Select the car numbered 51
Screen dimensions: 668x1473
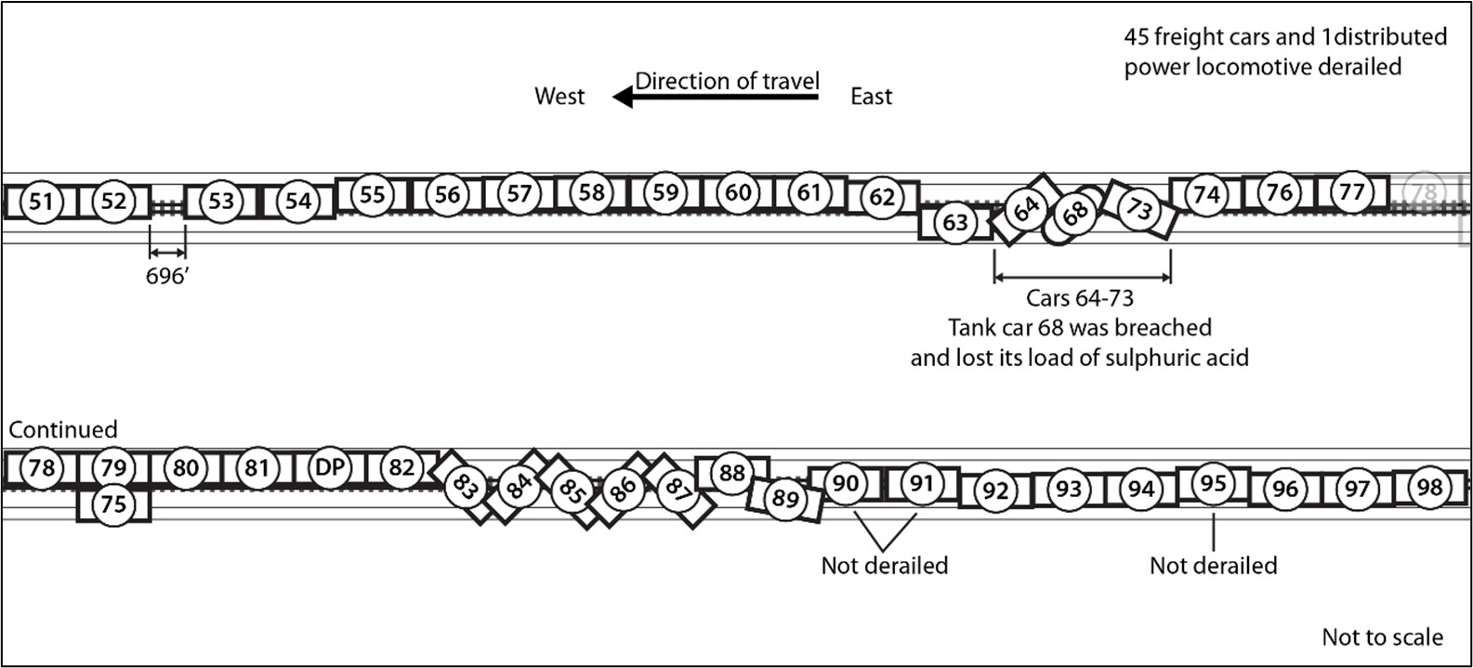pyautogui.click(x=41, y=202)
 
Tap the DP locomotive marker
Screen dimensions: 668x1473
pyautogui.click(x=330, y=468)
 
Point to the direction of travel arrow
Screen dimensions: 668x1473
pyautogui.click(x=716, y=97)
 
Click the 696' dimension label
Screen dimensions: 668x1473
pyautogui.click(x=167, y=276)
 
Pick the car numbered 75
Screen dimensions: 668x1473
pyautogui.click(x=112, y=504)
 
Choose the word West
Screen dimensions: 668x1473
pyautogui.click(x=559, y=97)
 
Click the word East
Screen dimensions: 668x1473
pyautogui.click(x=871, y=97)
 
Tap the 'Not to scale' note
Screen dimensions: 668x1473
pyautogui.click(x=1382, y=637)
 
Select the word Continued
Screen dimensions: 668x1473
pyautogui.click(x=63, y=429)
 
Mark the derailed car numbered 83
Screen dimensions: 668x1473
pyautogui.click(x=465, y=485)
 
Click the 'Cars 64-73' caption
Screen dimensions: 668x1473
pyautogui.click(x=1080, y=298)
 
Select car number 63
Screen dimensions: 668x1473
pyautogui.click(x=955, y=223)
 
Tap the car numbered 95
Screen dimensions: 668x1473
pyautogui.click(x=1213, y=483)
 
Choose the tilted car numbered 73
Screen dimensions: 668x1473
pyautogui.click(x=1139, y=209)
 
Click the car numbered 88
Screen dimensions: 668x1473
pyautogui.click(x=732, y=473)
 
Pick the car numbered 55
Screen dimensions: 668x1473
pyautogui.click(x=372, y=194)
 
